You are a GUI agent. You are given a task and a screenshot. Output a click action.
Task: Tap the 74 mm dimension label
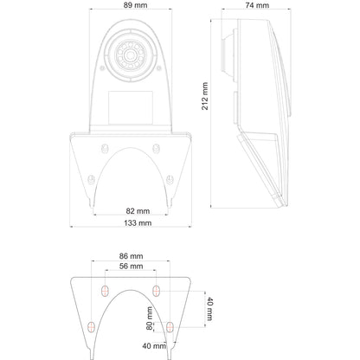(257, 5)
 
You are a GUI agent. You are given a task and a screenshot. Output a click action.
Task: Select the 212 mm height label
(205, 96)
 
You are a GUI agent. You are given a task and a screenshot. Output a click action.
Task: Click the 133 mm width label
(138, 222)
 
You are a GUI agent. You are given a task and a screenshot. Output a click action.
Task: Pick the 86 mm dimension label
(132, 256)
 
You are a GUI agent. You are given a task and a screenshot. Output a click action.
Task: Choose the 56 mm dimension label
(132, 266)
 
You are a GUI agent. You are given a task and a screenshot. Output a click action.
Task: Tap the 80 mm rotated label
(150, 318)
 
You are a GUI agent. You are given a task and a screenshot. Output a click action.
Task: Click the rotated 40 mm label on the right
(209, 309)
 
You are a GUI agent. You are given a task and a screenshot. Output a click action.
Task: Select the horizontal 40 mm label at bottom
(154, 345)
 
